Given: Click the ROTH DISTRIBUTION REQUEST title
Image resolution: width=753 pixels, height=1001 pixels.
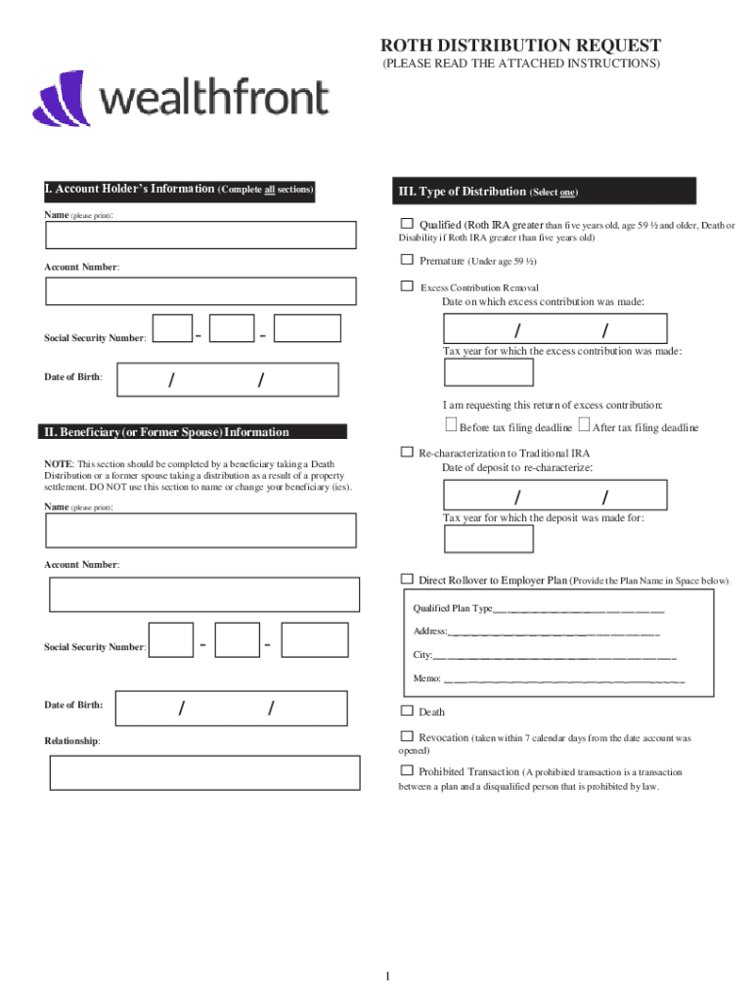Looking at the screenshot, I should pos(520,46).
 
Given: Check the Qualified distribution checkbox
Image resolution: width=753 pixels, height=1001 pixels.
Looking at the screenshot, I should pos(407,224).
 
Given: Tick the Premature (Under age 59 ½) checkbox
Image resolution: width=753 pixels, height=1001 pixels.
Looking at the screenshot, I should pos(407,260).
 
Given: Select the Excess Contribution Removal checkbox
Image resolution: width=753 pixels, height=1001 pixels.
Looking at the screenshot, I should pos(407,286).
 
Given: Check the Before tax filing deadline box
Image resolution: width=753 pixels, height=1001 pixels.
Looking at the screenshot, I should pos(451,425).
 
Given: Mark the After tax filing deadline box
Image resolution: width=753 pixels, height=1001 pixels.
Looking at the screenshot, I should pos(584,425).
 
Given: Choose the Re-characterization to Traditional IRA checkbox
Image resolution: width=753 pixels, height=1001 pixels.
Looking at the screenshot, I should pos(407,453).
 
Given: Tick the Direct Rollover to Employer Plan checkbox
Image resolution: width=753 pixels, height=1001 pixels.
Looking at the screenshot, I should pos(407,579).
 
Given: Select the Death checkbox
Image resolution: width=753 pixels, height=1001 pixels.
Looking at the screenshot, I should pos(407,711).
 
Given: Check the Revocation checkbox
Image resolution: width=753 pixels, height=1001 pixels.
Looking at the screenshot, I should pos(407,736).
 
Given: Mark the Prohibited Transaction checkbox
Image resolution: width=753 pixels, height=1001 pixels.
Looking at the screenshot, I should pos(407,770).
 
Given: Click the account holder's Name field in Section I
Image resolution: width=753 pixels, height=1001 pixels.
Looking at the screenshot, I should pos(200,236).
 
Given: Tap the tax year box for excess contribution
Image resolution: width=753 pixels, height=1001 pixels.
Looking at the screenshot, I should pos(488,372).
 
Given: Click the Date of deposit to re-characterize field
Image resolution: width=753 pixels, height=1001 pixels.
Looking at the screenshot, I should pos(554,495).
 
